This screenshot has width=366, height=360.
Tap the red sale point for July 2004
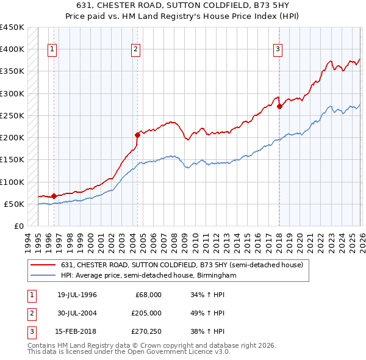coord(137,135)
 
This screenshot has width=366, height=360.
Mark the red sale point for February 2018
coord(279,107)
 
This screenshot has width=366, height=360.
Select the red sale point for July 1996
coord(54,196)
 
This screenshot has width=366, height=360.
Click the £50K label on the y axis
coord(15,204)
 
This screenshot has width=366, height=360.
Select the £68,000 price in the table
coord(148,295)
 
